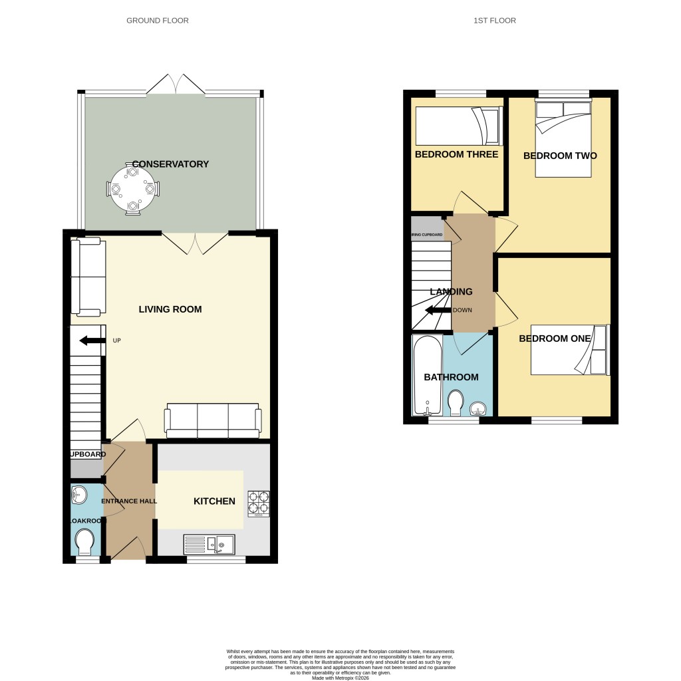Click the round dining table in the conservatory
133,189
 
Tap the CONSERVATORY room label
170,164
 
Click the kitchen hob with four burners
259,503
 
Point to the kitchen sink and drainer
209,545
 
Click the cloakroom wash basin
79,494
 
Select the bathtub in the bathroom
424,376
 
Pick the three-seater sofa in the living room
213,421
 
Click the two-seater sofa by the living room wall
89,277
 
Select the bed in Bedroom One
569,350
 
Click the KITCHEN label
214,501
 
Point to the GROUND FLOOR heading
158,21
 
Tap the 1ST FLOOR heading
494,21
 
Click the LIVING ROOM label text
170,309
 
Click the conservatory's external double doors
176,85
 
